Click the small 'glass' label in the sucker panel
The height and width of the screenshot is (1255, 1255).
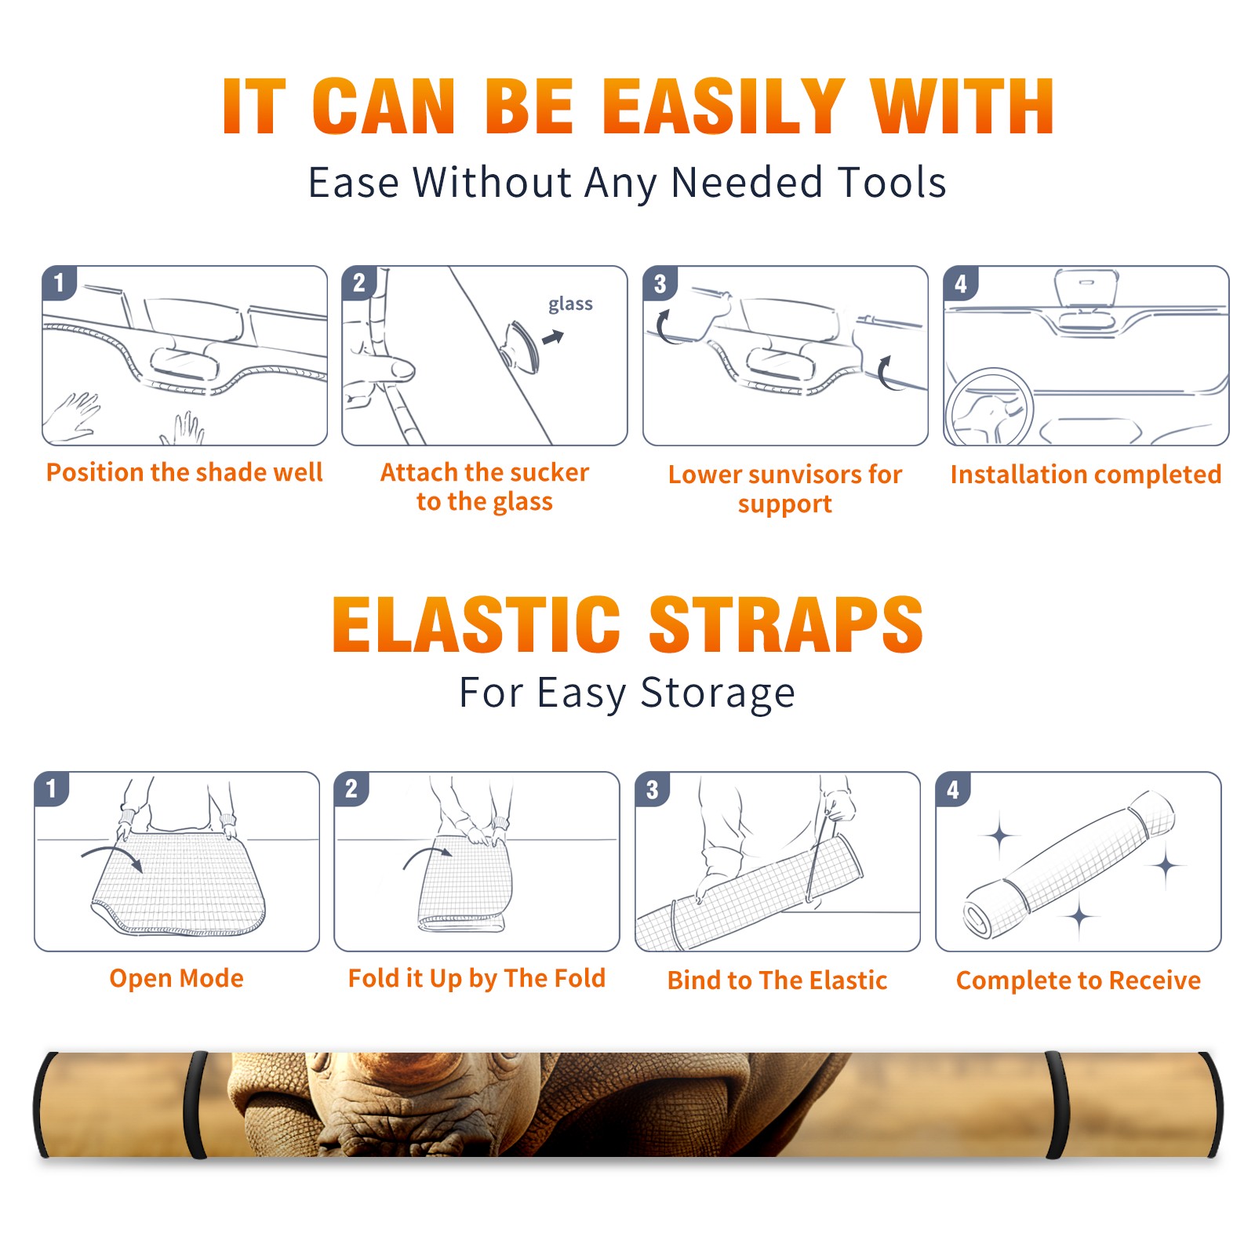(x=570, y=304)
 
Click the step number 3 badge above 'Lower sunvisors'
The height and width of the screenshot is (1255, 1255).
(x=659, y=283)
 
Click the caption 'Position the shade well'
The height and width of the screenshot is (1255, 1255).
(x=184, y=472)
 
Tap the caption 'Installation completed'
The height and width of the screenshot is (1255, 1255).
(x=1086, y=474)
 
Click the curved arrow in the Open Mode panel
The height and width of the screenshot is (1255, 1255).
(x=112, y=856)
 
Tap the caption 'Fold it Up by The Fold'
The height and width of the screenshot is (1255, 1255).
(x=477, y=978)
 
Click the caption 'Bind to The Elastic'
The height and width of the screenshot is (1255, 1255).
(x=777, y=980)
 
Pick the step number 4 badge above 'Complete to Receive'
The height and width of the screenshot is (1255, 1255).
(x=952, y=789)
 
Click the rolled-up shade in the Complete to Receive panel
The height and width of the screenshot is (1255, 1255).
(x=1069, y=864)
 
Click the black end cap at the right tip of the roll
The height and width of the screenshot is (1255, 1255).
(x=1212, y=1104)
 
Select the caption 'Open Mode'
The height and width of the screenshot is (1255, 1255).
(x=176, y=978)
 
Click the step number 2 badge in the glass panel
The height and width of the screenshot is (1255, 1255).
(x=358, y=283)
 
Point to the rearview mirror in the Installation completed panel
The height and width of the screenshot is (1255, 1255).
(x=1086, y=289)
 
